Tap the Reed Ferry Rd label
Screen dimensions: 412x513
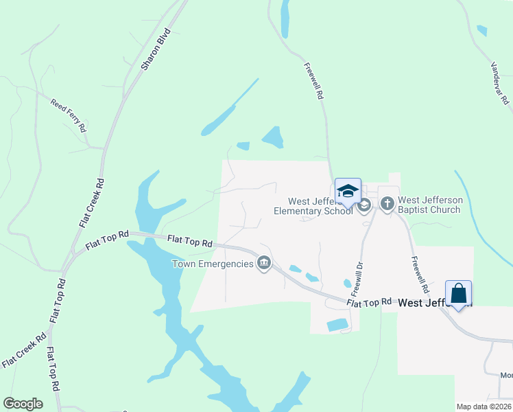(x=69, y=115)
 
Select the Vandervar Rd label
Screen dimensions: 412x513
(x=499, y=83)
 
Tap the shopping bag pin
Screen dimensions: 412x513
(x=458, y=293)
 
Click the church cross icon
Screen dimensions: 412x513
(x=387, y=204)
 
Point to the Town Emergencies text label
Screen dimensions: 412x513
(x=212, y=264)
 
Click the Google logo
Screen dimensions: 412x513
(x=23, y=404)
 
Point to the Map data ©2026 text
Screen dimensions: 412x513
(x=484, y=407)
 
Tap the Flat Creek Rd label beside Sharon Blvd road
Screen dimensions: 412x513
(x=91, y=203)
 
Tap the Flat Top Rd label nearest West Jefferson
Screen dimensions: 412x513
(x=369, y=302)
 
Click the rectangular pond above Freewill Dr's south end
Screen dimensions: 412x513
(x=337, y=325)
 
